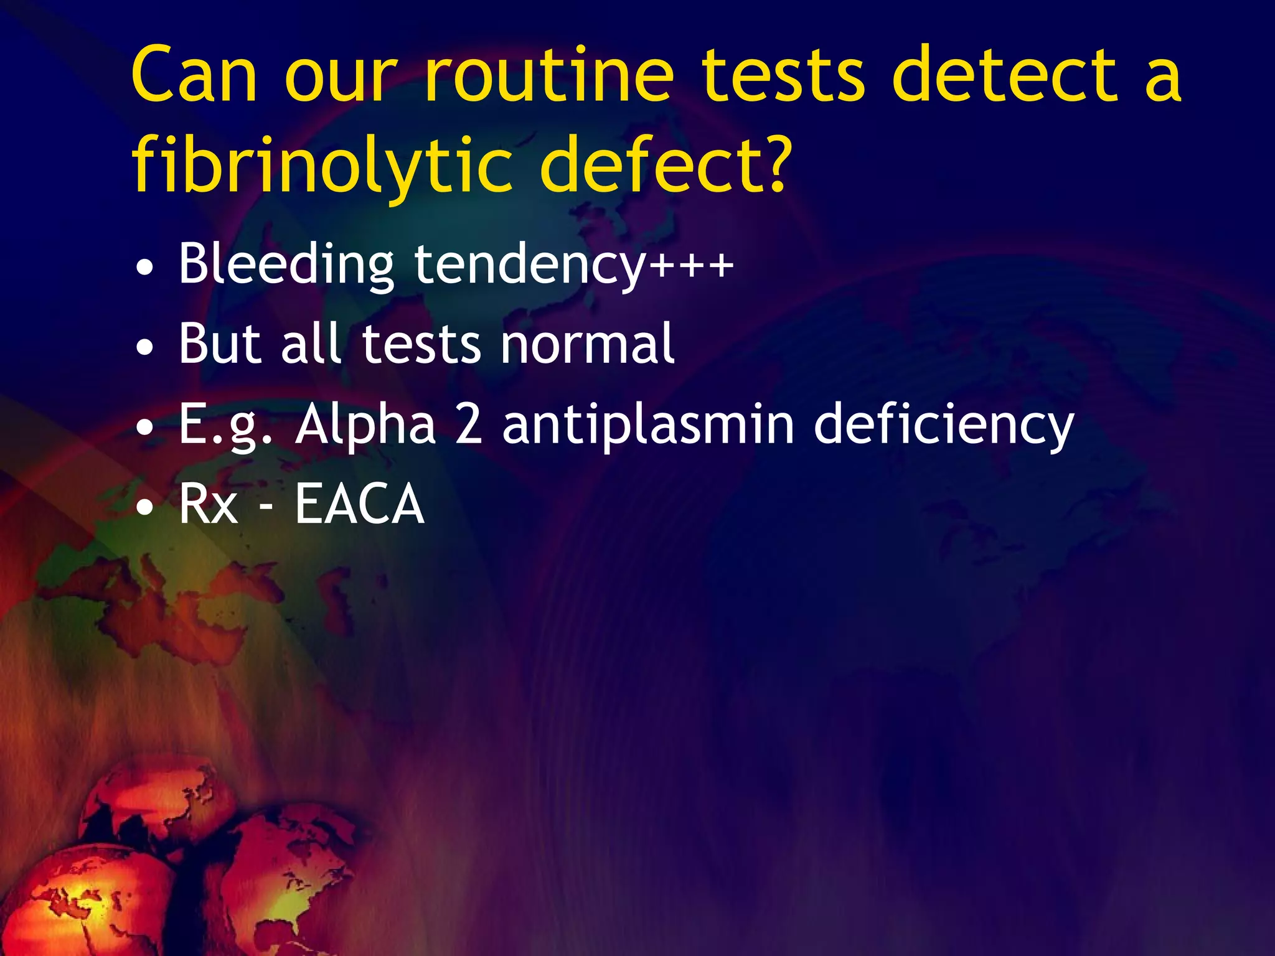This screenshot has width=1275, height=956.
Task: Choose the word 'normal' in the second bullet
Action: pos(588,344)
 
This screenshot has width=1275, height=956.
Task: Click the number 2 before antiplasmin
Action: pos(469,423)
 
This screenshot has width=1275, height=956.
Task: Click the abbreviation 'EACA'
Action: pos(359,504)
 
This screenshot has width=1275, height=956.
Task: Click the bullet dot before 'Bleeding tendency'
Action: pos(144,268)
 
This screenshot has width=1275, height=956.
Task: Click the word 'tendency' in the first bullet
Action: pos(530,265)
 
